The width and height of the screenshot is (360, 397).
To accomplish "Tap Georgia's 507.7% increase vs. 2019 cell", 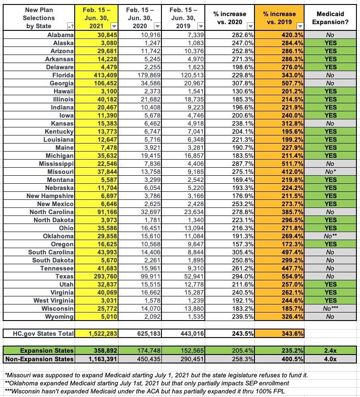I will pos(279,83).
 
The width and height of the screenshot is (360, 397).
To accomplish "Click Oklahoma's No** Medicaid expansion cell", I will pos(330,236).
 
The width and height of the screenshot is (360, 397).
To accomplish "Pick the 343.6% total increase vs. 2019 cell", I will pos(279,333).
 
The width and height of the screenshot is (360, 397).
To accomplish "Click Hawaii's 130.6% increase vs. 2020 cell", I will pos(231,92).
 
